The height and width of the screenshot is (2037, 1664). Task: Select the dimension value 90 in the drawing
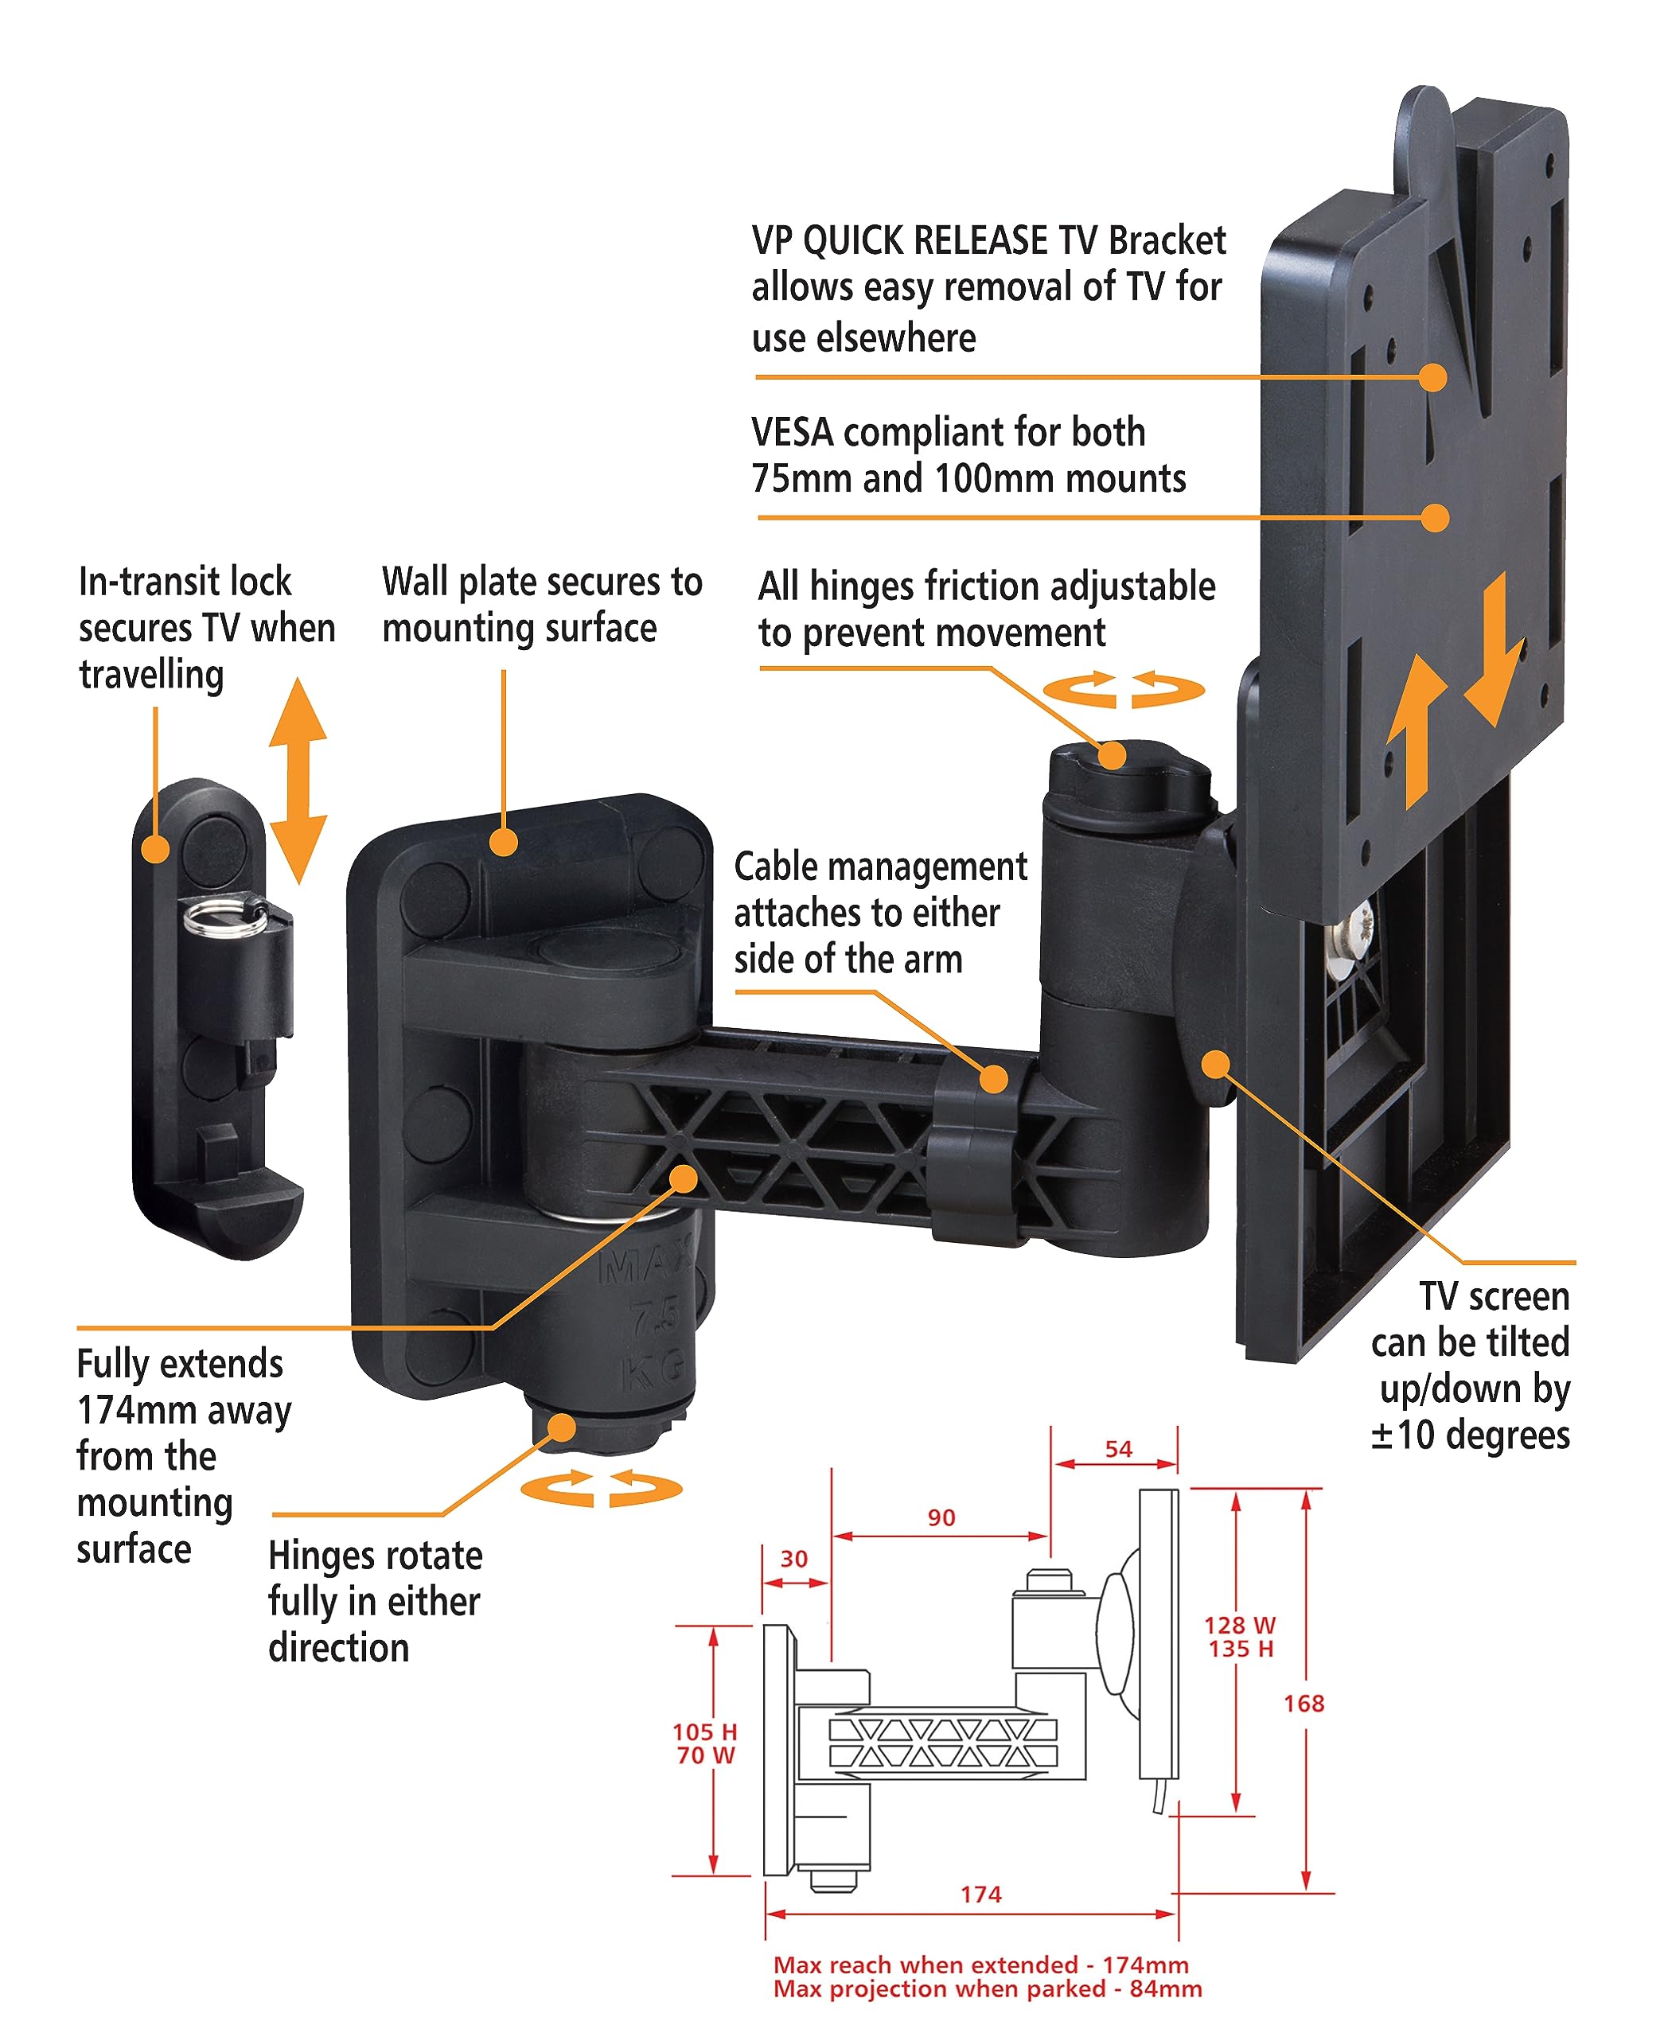tap(941, 1517)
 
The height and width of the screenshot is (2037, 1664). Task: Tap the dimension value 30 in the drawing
tap(793, 1559)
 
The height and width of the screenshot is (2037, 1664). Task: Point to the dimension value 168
tap(1304, 1704)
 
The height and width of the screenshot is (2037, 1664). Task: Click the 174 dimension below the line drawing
tap(980, 1894)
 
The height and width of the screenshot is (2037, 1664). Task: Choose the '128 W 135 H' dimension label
tap(1241, 1636)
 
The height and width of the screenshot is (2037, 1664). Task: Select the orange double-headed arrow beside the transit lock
tap(298, 779)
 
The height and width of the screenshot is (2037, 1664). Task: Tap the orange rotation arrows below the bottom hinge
tap(601, 1488)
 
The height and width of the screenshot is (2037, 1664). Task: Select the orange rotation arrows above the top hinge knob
tap(1124, 689)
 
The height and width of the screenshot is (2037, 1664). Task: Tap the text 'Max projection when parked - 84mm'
tap(988, 1989)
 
